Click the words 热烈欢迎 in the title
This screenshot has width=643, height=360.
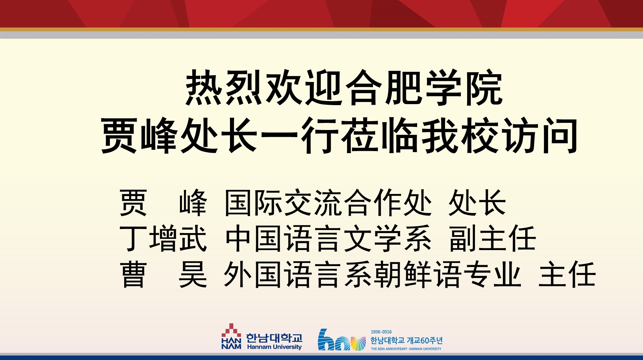(x=264, y=87)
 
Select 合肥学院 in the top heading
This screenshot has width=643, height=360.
(x=424, y=87)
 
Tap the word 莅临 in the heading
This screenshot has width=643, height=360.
(x=379, y=135)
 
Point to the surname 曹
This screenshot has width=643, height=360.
(x=133, y=274)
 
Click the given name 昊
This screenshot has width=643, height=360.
(x=193, y=274)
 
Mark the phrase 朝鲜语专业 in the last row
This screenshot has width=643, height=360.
(x=447, y=274)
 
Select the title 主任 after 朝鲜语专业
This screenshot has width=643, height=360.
(x=567, y=274)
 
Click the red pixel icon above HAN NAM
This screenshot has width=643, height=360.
(x=231, y=330)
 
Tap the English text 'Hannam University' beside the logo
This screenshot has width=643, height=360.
(x=274, y=347)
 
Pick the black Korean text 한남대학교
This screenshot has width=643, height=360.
(x=274, y=338)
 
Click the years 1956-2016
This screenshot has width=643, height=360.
(x=381, y=332)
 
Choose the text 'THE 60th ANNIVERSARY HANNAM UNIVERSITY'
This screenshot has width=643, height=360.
(x=406, y=349)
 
